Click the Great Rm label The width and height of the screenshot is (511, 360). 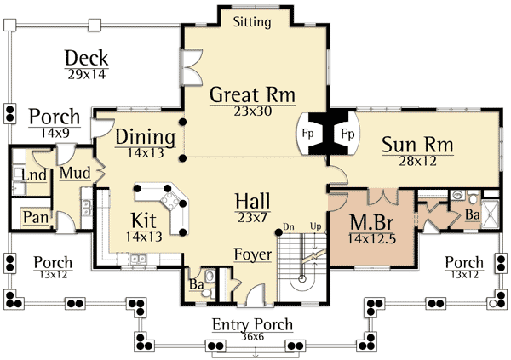tap(252, 94)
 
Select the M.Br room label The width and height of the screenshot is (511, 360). tap(372, 224)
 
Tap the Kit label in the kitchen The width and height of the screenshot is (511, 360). tap(143, 220)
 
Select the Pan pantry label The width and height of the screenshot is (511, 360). tap(34, 217)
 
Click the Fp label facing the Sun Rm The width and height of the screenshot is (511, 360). tap(347, 134)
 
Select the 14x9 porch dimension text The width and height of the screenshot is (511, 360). tap(55, 133)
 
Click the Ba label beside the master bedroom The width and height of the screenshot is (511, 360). tap(471, 216)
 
